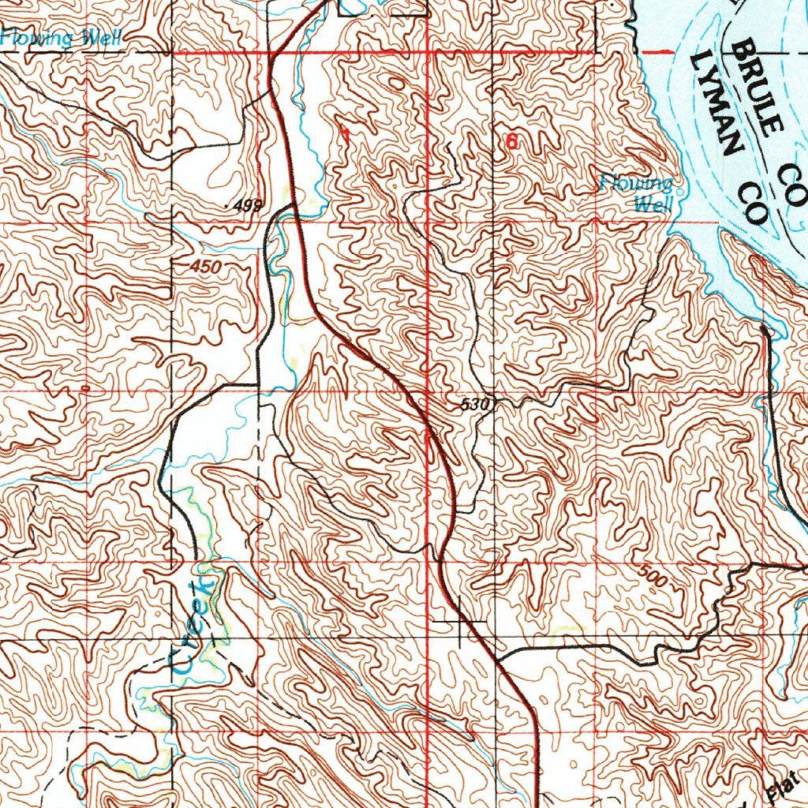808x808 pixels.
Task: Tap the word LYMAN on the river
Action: coord(717,103)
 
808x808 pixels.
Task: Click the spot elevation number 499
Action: coord(248,207)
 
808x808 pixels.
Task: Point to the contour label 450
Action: coord(206,267)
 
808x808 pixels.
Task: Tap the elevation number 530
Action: coord(476,405)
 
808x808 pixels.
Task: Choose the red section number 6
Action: coord(512,142)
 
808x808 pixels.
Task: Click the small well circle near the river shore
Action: coord(680,189)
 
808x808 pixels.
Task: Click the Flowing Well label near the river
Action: coord(638,194)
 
